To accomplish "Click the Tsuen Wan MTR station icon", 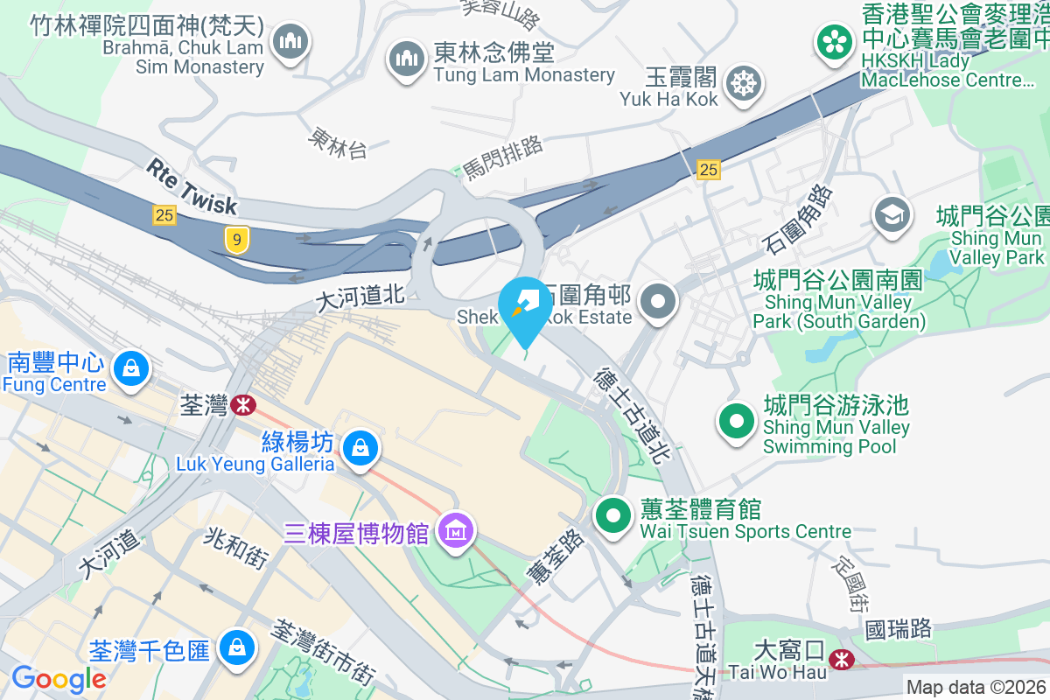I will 241,405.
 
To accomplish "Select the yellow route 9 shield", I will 235,239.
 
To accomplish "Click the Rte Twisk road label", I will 192,185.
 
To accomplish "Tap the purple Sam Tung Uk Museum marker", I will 457,531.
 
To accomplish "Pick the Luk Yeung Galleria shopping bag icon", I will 359,449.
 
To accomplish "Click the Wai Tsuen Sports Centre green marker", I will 614,515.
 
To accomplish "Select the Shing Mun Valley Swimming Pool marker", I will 737,422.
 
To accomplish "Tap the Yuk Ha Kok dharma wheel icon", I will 744,84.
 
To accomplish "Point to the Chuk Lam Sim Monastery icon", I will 290,40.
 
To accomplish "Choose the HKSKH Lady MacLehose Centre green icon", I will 836,41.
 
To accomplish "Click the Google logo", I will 59,678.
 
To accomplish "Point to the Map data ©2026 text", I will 976,688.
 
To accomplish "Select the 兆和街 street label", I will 235,549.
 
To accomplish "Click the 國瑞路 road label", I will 898,628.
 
